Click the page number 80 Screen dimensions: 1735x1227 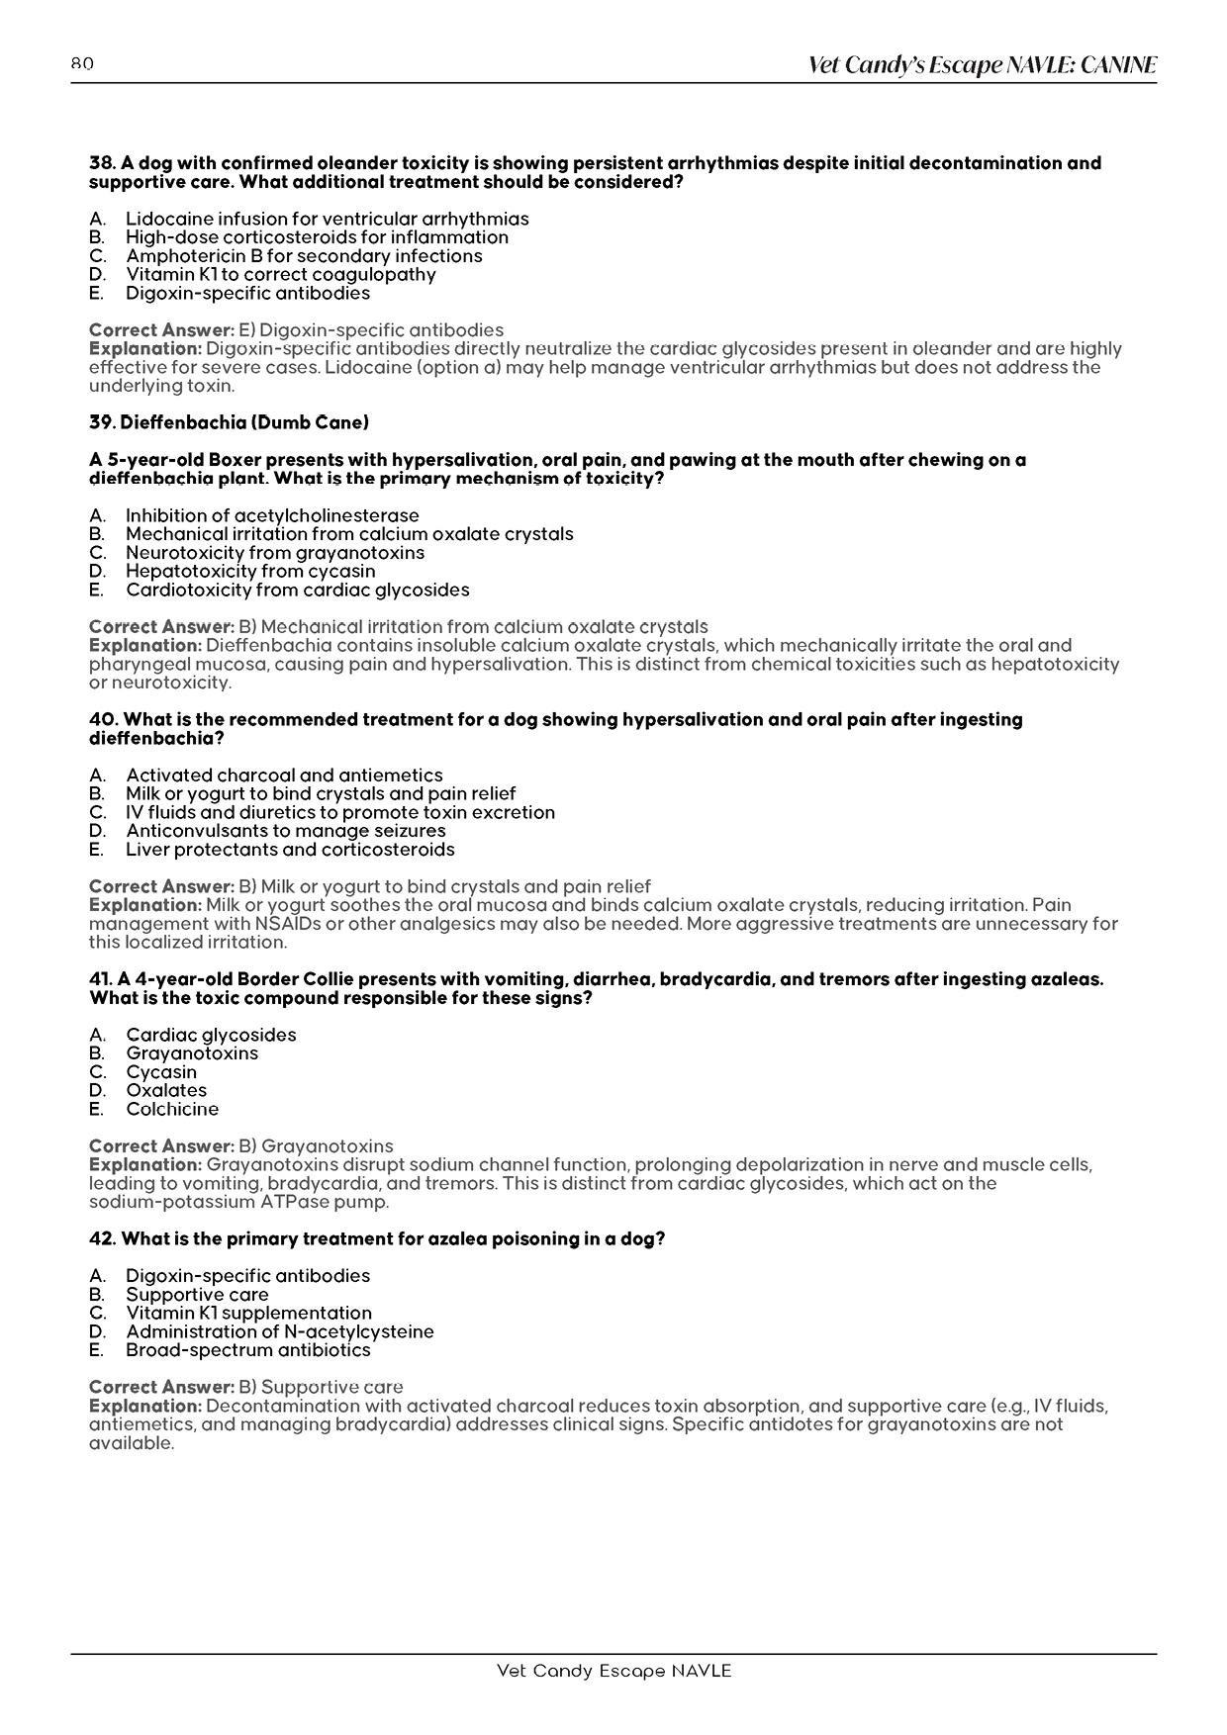[x=82, y=64]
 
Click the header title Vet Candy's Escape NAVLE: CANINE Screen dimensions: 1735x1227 [x=982, y=65]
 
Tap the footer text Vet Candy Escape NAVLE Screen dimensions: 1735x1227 [x=613, y=1671]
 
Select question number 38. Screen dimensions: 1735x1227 [x=103, y=163]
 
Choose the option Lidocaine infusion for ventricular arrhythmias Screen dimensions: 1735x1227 [x=327, y=219]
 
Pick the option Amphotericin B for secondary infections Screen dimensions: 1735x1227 [x=304, y=256]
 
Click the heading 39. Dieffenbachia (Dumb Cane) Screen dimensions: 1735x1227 [x=229, y=422]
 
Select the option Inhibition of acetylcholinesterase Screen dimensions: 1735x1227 [x=272, y=515]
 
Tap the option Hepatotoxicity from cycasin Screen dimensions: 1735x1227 [x=250, y=572]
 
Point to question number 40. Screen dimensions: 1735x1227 [x=103, y=719]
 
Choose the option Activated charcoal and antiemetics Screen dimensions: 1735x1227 [x=284, y=776]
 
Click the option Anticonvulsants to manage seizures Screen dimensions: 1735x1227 [x=285, y=831]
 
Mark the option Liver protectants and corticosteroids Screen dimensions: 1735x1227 [x=290, y=850]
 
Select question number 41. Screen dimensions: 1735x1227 [x=101, y=979]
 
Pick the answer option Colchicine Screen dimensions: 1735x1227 [x=172, y=1110]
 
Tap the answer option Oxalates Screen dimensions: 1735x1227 [x=166, y=1091]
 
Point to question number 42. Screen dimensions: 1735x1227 [x=103, y=1238]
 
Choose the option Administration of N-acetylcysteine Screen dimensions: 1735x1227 [x=279, y=1331]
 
